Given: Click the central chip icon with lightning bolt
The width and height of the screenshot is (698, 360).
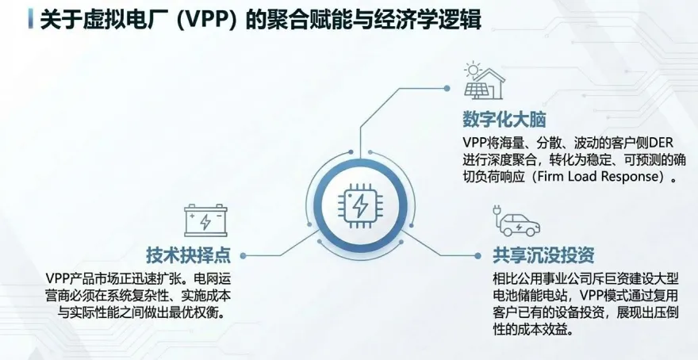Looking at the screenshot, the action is click(359, 208).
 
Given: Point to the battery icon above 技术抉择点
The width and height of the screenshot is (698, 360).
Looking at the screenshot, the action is click(205, 220).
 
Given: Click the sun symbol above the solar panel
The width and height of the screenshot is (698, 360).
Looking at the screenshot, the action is click(473, 67).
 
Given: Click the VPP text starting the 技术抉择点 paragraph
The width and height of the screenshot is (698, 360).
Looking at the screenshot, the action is click(59, 279).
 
